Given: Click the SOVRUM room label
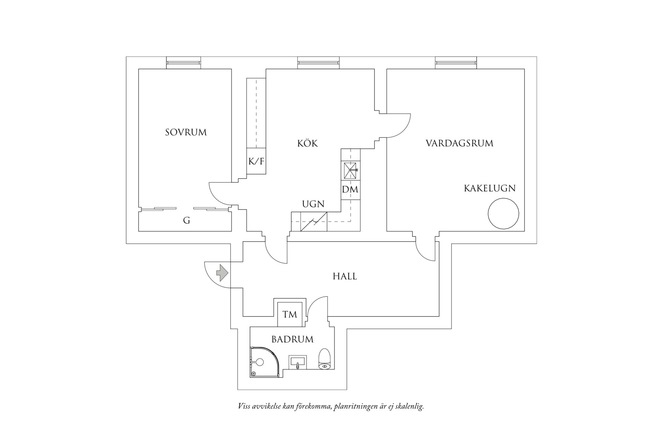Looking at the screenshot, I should pos(186,132).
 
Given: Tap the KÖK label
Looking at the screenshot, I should pos(308,143).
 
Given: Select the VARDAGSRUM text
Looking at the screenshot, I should pos(459,143).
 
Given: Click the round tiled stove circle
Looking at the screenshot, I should pos(503,214).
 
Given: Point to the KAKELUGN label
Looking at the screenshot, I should pos(489,188).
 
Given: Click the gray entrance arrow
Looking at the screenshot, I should pos(222,273).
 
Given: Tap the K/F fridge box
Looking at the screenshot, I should pos(256,161).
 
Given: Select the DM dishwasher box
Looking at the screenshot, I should pos(350,190).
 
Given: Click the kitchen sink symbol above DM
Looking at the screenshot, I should pos(350,171).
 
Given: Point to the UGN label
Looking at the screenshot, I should pos(313,204).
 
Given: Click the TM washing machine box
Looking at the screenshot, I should pos(290,315).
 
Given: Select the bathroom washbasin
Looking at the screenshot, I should pos(298,362).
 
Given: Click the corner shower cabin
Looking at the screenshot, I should pos(263,362).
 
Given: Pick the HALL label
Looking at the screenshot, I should pos(345,276).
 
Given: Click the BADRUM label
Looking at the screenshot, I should pos(292,339).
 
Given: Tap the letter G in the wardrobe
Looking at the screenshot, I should pos(187,221).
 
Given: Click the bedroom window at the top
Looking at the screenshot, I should pos(183,63).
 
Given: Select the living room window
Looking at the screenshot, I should pos(456,63).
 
